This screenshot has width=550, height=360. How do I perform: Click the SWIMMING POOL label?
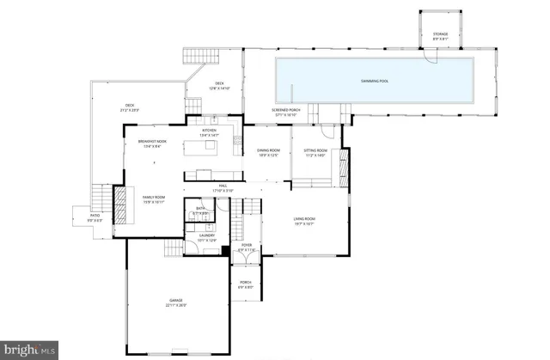[x=373, y=80]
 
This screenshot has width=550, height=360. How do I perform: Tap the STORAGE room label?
[x=440, y=35]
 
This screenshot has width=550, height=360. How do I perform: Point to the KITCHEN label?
[x=210, y=131]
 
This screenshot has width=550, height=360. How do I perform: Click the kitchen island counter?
[x=205, y=149]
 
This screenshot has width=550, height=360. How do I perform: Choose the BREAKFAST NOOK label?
[x=152, y=141]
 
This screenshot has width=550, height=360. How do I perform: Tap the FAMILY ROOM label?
[x=153, y=198]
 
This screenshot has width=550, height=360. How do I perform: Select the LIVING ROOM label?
[x=305, y=219]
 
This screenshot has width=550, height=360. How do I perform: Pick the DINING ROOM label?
[x=268, y=151]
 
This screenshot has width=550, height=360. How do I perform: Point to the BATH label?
[x=200, y=208]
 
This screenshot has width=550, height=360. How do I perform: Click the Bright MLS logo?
[x=29, y=350]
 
